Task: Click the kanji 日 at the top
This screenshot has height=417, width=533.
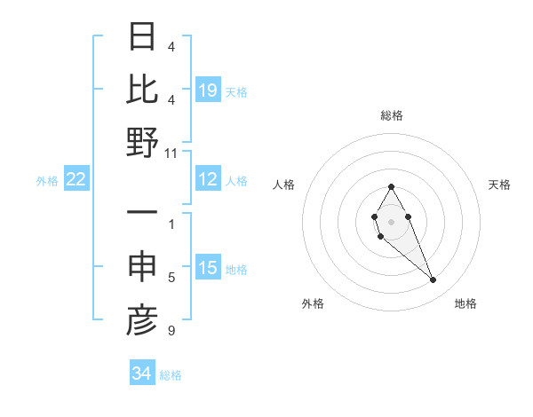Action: point(142,36)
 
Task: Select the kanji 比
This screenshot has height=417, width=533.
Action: point(142,89)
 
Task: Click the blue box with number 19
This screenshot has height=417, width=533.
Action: point(208,90)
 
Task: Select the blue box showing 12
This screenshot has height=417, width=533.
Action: point(208,180)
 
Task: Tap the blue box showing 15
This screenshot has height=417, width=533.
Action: point(208,269)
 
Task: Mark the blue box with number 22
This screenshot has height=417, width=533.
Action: point(76,180)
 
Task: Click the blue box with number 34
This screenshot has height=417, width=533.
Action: point(142,374)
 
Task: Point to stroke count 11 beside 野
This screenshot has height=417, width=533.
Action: point(171,153)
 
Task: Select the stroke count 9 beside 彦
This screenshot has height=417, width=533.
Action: point(171,331)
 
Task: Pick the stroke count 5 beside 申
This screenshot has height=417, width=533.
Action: point(171,278)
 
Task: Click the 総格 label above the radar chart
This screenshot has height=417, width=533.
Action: point(391,115)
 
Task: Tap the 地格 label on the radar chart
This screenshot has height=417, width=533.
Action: point(465,303)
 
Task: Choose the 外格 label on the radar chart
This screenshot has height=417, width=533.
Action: point(313,303)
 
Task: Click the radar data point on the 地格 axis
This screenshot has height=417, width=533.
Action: point(433,280)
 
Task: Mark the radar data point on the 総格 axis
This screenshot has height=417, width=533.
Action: point(391,186)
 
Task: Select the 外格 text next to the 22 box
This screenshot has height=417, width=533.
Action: point(47,180)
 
